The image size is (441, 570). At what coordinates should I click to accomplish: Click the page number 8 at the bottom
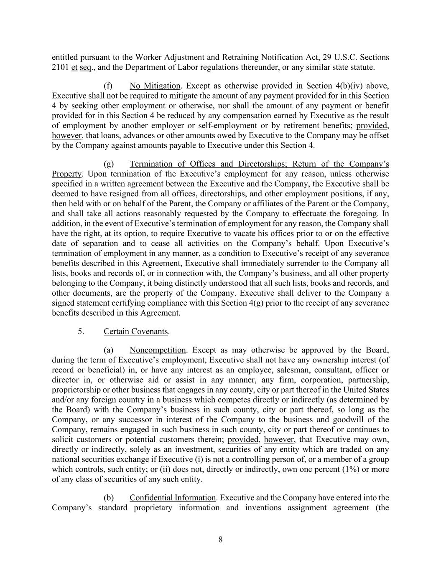220,540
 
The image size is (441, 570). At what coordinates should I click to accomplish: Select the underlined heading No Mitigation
155,86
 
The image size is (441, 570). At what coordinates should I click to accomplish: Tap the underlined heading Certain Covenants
136,332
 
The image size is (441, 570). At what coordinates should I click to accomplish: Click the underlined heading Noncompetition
158,350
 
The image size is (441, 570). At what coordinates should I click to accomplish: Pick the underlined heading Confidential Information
173,498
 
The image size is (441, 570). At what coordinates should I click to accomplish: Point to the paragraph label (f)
108,86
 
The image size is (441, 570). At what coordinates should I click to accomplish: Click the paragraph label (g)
109,164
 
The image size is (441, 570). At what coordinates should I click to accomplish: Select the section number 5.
81,332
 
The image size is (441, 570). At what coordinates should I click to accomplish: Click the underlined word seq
85,67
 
